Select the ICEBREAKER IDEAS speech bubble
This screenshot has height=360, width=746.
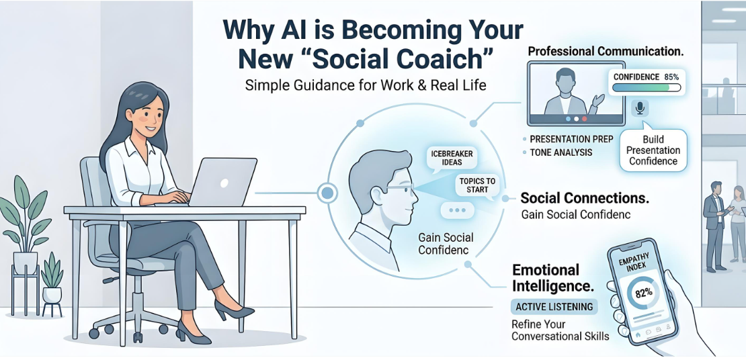pos(453,158)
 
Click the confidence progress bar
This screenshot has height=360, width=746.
pos(646,87)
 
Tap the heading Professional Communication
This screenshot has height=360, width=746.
pos(606,52)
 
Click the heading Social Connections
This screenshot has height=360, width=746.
pos(585,198)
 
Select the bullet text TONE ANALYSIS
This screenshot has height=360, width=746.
pos(561,152)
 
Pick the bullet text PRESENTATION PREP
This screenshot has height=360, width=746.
pos(571,139)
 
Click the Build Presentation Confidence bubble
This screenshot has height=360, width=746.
pos(653,150)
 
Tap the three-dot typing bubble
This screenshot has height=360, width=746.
pos(457,210)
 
